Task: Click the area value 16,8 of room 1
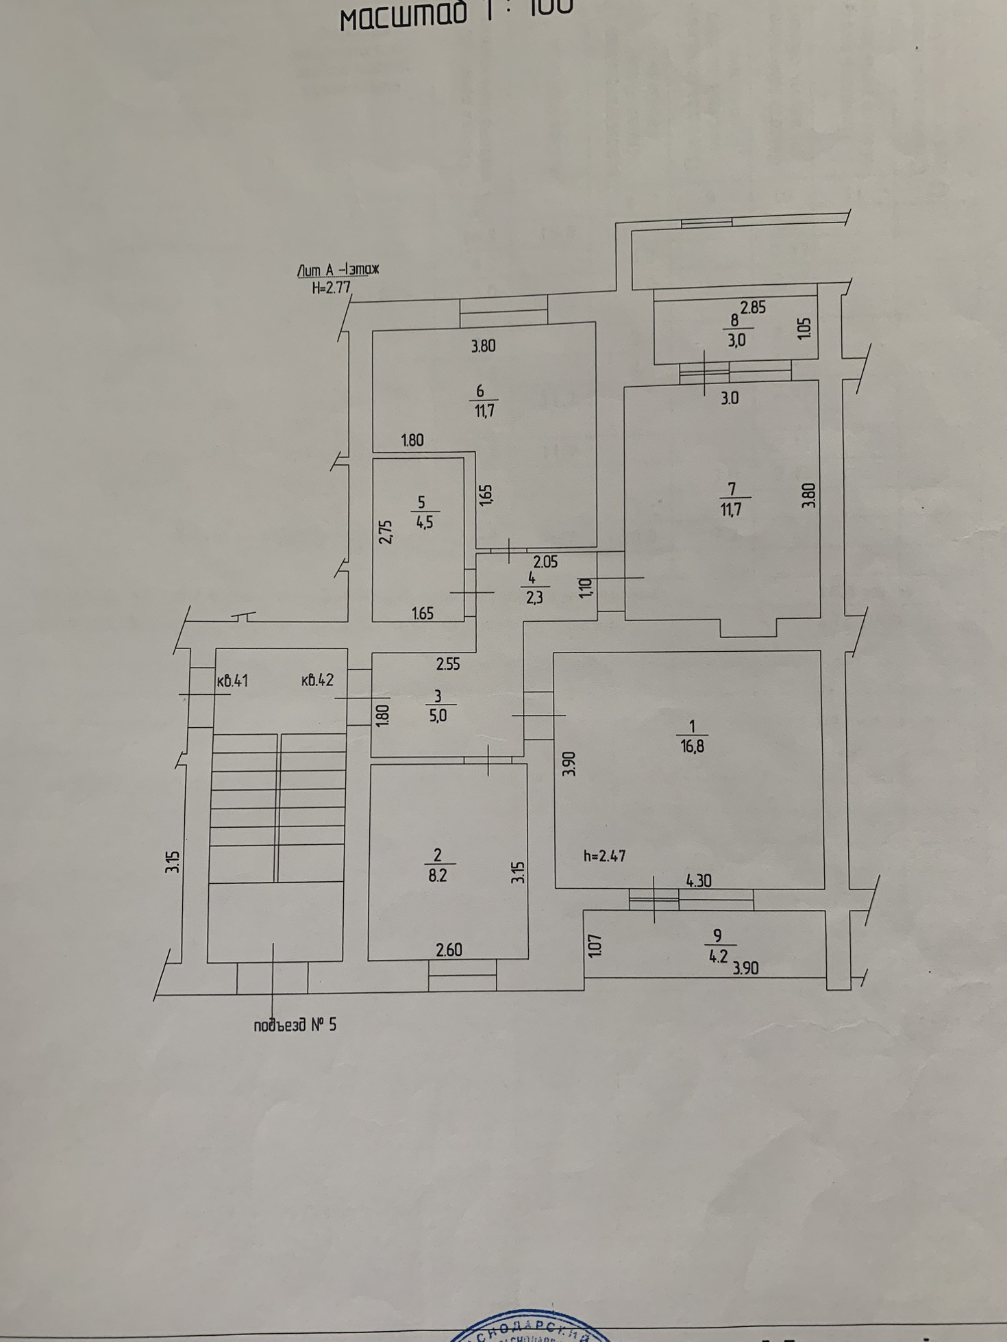[x=692, y=747]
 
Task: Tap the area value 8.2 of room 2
[x=437, y=876]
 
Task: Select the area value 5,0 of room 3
[x=437, y=716]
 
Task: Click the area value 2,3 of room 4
[x=534, y=598]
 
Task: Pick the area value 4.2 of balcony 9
[x=717, y=957]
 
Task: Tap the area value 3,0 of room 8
[x=736, y=340]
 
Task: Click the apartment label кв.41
[x=232, y=681]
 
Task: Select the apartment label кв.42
[x=317, y=681]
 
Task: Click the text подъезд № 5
[x=295, y=1025]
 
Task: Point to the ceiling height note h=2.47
[x=604, y=856]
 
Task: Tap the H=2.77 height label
[x=332, y=288]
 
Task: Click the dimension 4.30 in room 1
[x=698, y=881]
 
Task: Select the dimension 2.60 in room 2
[x=449, y=950]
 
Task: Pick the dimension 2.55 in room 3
[x=448, y=663]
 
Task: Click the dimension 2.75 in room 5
[x=386, y=532]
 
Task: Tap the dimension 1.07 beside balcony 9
[x=595, y=946]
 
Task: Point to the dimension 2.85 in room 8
[x=753, y=307]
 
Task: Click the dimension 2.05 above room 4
[x=545, y=562]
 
